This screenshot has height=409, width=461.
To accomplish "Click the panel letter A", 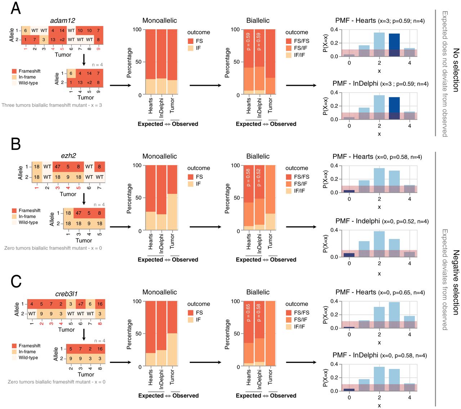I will point(15,8).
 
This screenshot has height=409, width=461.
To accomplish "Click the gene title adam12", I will point(63,21).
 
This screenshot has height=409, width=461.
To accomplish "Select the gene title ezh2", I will point(68,156).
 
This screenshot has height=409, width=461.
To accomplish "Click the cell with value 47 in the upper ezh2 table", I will point(58,167).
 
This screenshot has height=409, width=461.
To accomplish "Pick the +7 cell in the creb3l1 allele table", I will point(81,304).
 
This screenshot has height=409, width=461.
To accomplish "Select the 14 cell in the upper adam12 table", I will point(62,31).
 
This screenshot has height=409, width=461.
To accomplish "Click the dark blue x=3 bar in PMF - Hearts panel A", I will point(394,45).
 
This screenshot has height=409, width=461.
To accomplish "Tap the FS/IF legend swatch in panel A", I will point(289,48).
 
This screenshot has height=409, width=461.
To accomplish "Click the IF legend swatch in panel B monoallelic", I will point(191,184).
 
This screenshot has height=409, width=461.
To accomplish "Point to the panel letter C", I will point(16,281).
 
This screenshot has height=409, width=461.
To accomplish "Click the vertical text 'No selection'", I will point(456,70).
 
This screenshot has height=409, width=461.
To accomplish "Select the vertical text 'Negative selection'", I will point(456,283).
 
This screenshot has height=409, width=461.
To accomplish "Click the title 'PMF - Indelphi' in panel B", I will point(358,221).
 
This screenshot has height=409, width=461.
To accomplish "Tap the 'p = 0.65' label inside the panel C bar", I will point(248,313).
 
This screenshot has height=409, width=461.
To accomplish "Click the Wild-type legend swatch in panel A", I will point(14,83).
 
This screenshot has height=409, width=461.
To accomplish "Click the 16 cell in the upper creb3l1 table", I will point(100,304).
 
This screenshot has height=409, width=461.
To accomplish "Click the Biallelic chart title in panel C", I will point(258,292).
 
